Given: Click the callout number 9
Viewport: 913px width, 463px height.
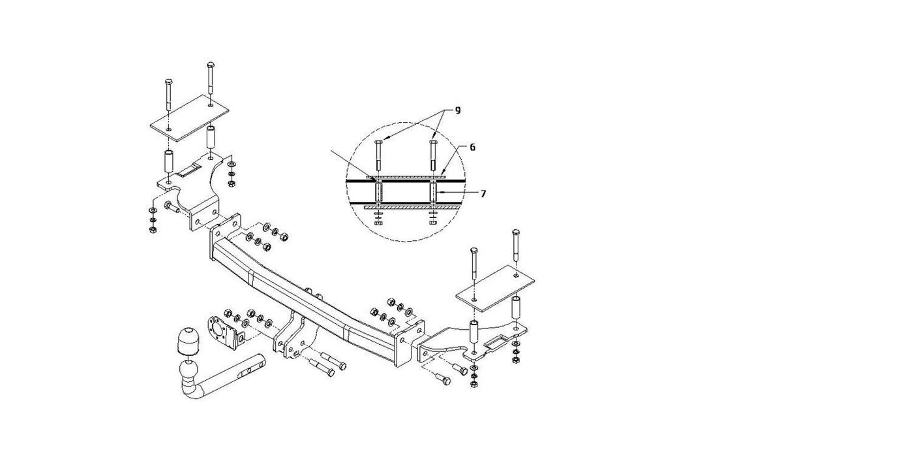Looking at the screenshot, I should [x=457, y=110].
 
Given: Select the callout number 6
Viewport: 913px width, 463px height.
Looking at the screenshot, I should [x=472, y=148].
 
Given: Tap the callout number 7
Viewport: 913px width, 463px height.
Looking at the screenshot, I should [x=483, y=194].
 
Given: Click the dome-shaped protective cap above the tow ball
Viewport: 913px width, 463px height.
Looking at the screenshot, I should [x=187, y=340].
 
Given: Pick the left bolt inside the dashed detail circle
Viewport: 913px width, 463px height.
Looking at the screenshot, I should [x=378, y=156].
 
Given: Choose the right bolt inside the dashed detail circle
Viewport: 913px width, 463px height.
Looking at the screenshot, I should [x=433, y=156].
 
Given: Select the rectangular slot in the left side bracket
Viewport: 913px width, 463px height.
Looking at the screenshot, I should [x=190, y=171].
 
